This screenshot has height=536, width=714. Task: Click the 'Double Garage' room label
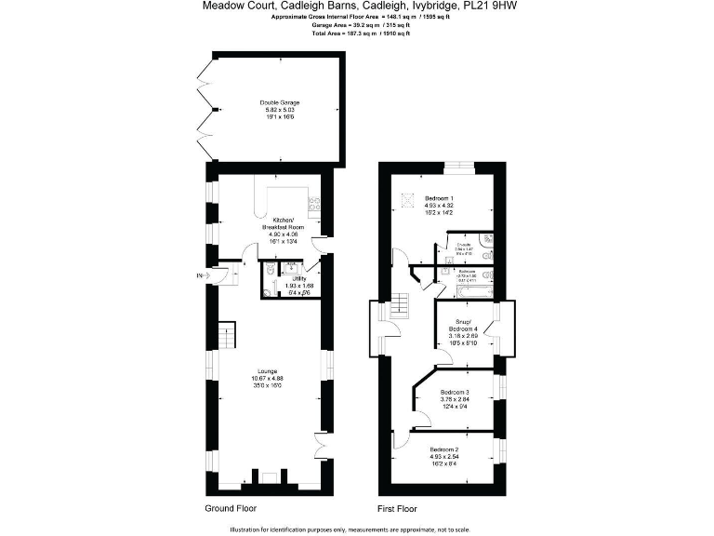[280, 102]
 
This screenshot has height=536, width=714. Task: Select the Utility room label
[298, 277]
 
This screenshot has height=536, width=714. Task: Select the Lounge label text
[267, 371]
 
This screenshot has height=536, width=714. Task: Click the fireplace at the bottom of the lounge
[268, 478]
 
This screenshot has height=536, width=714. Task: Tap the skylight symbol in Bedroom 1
[406, 197]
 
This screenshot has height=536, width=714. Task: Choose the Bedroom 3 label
[455, 392]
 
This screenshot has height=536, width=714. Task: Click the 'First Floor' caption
[397, 509]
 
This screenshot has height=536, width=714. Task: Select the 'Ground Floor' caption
[230, 509]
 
